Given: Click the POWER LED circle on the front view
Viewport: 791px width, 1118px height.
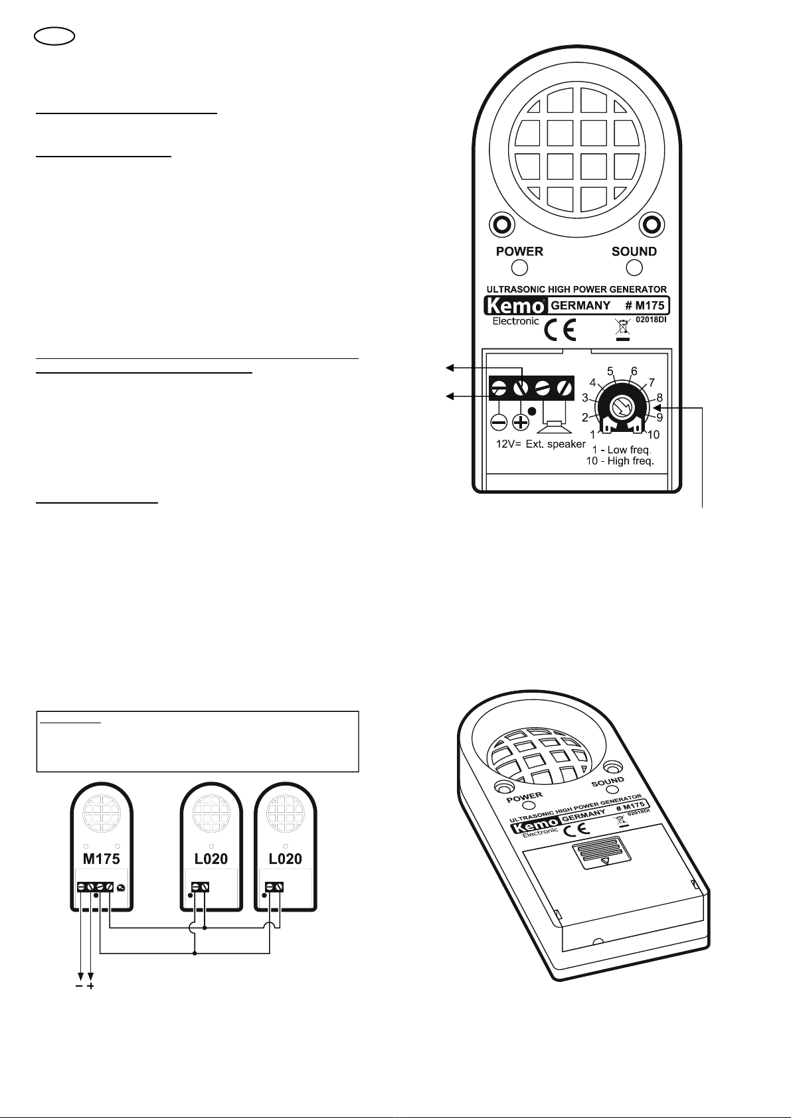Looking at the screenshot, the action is click(520, 267).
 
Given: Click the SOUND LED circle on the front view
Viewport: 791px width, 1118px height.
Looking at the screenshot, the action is click(635, 267).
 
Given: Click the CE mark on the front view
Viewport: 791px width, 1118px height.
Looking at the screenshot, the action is click(560, 329).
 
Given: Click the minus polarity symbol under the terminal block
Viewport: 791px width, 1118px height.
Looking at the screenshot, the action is click(499, 422).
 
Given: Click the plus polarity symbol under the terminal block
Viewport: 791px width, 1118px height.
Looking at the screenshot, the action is click(521, 422).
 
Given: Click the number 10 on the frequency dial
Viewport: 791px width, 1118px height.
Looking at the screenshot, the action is click(653, 435).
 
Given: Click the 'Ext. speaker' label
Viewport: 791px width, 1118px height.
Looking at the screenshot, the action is click(556, 444).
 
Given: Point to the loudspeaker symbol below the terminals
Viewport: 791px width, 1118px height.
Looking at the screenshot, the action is click(554, 418).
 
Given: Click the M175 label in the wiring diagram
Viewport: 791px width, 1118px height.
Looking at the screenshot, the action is click(102, 859).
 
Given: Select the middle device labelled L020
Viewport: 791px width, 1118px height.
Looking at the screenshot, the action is click(211, 859).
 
